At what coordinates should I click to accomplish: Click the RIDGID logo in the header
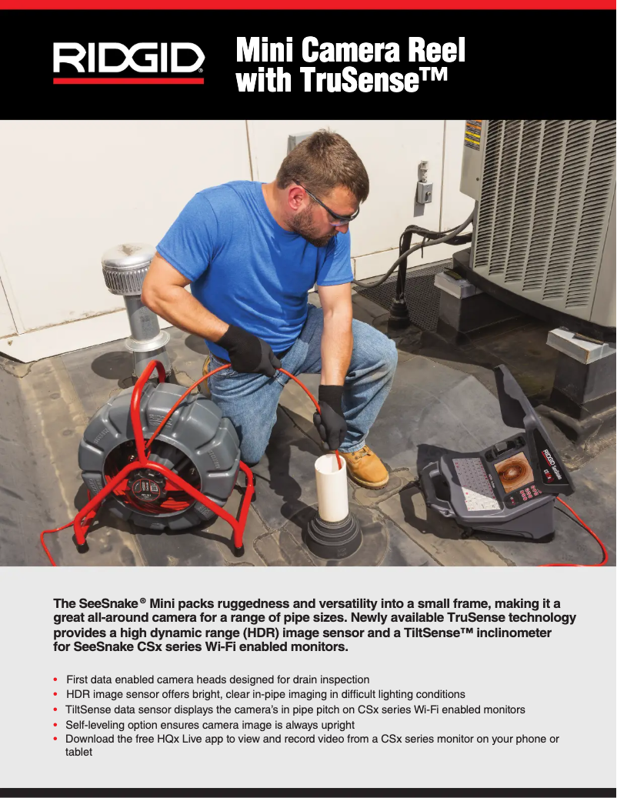pyautogui.click(x=128, y=62)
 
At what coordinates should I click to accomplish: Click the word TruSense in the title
pyautogui.click(x=360, y=80)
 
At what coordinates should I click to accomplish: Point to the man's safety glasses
pyautogui.click(x=332, y=207)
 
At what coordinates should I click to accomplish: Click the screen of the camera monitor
pyautogui.click(x=514, y=472)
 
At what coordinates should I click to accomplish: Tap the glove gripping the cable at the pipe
pyautogui.click(x=331, y=416)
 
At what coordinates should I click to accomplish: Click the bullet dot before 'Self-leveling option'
pyautogui.click(x=55, y=725)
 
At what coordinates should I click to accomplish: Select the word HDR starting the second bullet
pyautogui.click(x=78, y=695)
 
